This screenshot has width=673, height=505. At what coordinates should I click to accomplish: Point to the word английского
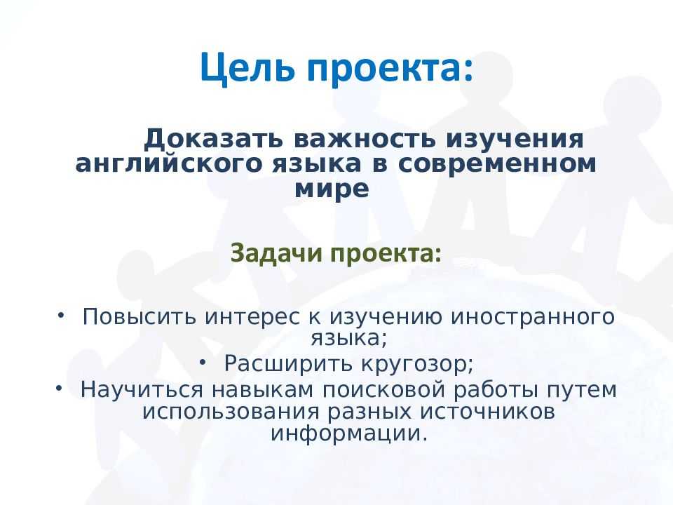(165, 164)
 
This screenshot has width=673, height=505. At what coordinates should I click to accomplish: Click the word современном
(498, 164)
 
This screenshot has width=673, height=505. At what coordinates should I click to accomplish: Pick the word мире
(332, 189)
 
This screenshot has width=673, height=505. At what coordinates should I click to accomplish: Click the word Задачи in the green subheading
(270, 252)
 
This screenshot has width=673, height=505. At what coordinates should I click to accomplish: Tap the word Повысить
(140, 316)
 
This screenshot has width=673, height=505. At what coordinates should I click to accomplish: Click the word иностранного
(532, 316)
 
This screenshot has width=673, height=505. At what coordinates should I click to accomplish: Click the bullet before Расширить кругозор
(203, 361)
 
